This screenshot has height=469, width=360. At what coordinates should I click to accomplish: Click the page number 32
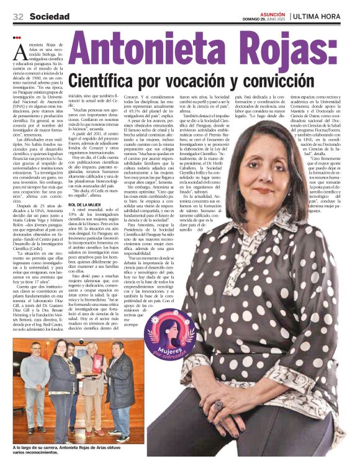[x=18, y=16]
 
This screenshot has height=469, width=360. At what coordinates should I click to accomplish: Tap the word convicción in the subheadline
[x=251, y=80]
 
